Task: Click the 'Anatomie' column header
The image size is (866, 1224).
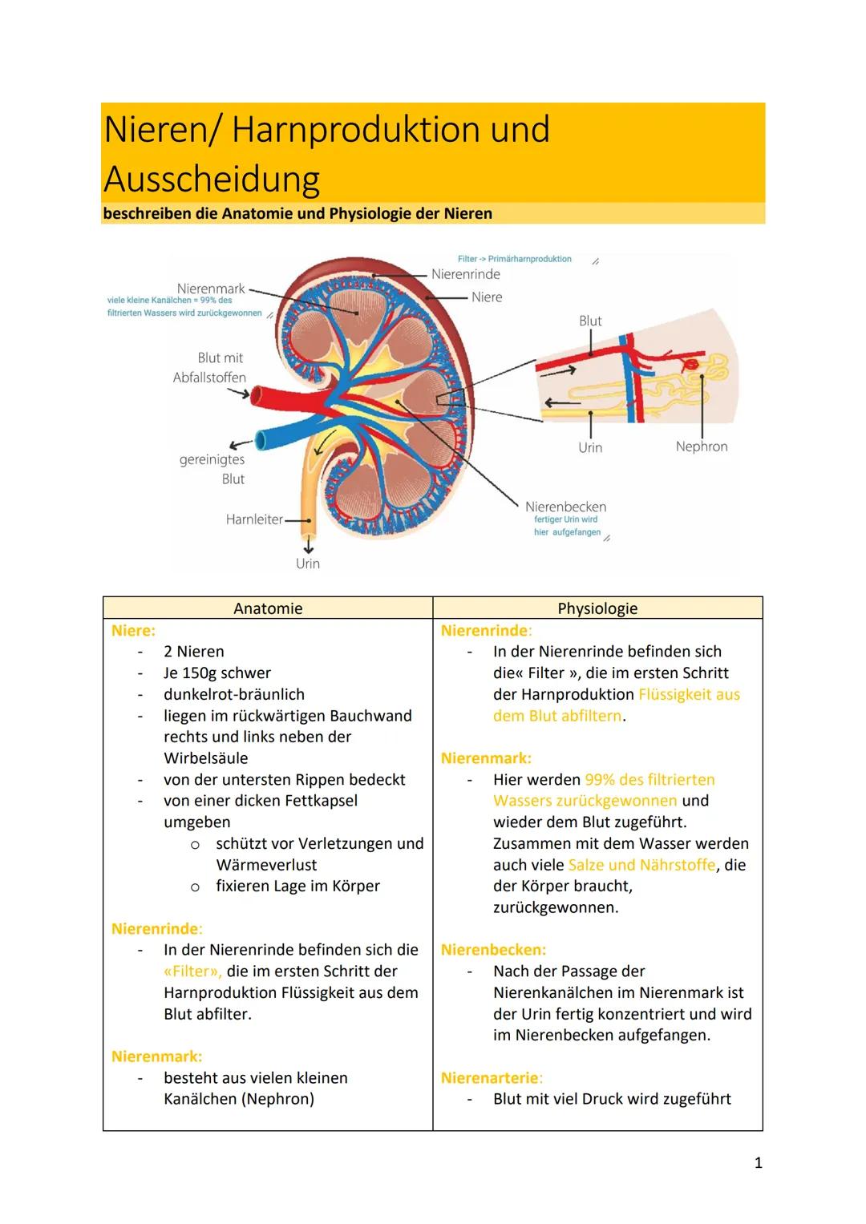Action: (x=268, y=608)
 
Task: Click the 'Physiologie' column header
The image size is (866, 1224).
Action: (x=597, y=608)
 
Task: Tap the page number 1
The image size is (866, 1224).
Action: (x=758, y=1162)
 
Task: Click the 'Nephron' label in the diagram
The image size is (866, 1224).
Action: (x=702, y=446)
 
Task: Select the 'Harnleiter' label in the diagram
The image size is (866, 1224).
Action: (x=254, y=519)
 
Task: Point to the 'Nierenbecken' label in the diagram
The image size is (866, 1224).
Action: (x=565, y=507)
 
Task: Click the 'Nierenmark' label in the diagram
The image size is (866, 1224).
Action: (x=211, y=288)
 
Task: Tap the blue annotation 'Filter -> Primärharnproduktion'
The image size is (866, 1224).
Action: (x=514, y=259)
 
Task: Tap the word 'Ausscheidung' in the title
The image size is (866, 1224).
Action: (x=212, y=179)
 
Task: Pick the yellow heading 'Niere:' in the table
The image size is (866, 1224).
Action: (x=133, y=631)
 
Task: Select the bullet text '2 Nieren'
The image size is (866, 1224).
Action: (x=193, y=652)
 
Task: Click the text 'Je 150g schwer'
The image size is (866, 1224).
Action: (x=216, y=673)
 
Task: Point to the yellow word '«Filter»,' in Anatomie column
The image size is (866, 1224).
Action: (x=192, y=972)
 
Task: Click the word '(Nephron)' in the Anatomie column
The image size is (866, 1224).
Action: (x=277, y=1099)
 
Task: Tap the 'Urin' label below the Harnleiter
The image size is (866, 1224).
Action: (x=307, y=564)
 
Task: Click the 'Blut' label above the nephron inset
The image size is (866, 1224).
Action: (x=590, y=321)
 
